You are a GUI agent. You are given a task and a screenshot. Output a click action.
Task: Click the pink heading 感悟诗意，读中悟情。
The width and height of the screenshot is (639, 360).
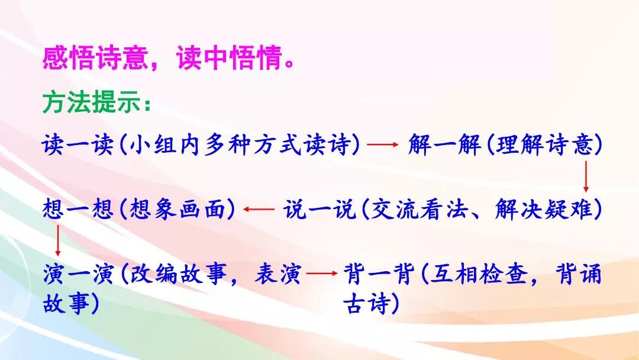click(x=169, y=57)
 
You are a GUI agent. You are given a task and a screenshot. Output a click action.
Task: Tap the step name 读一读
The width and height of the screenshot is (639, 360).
click(x=77, y=144)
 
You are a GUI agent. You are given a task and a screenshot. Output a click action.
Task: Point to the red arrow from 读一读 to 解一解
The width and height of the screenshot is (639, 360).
click(x=382, y=144)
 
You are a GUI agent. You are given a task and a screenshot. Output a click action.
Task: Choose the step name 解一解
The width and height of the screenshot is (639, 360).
click(x=444, y=144)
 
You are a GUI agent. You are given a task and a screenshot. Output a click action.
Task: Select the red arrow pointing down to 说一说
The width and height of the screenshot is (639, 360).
click(x=586, y=176)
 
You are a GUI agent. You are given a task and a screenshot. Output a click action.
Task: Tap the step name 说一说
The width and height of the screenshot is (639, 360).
click(x=319, y=209)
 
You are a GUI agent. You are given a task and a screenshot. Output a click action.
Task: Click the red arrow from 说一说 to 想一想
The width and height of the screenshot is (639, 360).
click(x=259, y=209)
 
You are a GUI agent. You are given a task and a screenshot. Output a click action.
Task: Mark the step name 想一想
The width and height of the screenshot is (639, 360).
click(x=78, y=209)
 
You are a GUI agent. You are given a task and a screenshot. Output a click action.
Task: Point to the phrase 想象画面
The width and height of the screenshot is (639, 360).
click(x=177, y=209)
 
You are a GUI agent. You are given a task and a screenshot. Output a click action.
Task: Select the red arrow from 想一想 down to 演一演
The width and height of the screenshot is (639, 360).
click(x=58, y=240)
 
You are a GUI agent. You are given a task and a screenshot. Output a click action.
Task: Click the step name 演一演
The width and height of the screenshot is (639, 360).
click(x=78, y=274)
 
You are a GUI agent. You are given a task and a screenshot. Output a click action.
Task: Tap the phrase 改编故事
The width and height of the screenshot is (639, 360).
click(x=177, y=274)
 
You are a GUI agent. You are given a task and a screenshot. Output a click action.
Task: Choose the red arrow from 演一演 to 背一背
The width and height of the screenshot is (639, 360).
click(x=322, y=273)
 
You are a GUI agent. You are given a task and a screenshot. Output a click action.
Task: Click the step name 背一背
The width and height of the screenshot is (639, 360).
click(x=379, y=274)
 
